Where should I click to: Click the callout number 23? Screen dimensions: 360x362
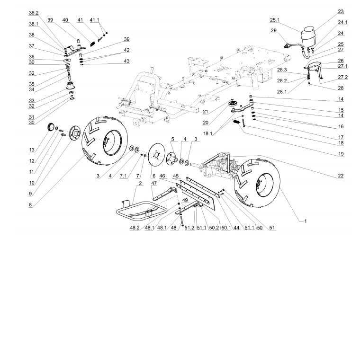point(341,11)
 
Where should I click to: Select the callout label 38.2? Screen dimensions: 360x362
point(34,13)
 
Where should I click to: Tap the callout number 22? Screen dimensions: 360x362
point(341,176)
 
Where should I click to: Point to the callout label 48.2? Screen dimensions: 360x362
point(135,228)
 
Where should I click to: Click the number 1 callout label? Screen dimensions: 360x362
point(305,221)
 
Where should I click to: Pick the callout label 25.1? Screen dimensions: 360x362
point(275,20)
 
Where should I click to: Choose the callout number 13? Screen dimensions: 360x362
point(32,150)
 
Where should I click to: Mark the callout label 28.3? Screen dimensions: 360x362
point(282,70)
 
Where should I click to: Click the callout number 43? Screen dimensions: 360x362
point(126,61)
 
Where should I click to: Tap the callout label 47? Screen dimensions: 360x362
point(154,183)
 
